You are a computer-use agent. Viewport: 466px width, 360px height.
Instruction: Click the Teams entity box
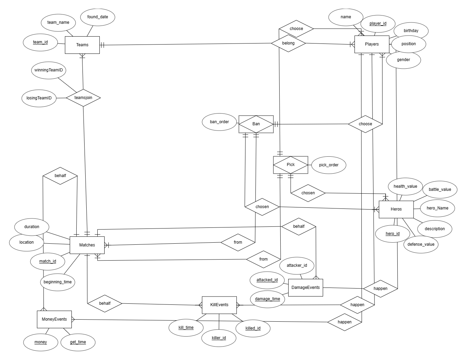click(82, 45)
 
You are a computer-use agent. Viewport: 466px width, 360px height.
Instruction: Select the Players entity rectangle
click(371, 44)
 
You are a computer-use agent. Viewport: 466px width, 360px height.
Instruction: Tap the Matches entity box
click(87, 245)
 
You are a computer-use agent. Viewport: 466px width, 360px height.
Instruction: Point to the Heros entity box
click(396, 209)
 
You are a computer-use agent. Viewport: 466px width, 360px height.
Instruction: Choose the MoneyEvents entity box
click(54, 319)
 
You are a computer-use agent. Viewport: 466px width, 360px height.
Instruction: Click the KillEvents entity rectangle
click(219, 305)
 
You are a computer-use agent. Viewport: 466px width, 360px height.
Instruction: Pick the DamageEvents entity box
click(305, 288)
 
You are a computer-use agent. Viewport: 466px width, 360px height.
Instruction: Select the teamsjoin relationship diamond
click(83, 98)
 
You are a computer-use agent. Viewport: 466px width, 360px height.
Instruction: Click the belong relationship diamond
click(288, 43)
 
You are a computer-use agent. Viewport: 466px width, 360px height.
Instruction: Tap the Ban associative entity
click(256, 124)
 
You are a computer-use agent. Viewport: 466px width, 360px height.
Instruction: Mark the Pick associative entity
click(290, 165)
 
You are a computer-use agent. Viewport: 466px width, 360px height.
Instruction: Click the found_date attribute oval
click(97, 17)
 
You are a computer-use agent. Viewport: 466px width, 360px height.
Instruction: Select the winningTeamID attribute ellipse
click(49, 70)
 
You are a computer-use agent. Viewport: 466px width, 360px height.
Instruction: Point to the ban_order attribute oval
click(219, 122)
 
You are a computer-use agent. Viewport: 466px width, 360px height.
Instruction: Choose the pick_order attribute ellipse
click(329, 165)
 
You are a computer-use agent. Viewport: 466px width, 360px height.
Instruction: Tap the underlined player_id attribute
click(378, 23)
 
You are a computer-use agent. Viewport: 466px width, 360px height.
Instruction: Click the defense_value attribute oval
click(421, 244)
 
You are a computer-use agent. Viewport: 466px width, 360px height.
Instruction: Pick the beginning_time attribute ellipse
click(58, 282)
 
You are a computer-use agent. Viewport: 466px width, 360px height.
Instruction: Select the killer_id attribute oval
click(219, 338)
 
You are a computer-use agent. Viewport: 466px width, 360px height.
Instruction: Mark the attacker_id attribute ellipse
click(297, 265)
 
